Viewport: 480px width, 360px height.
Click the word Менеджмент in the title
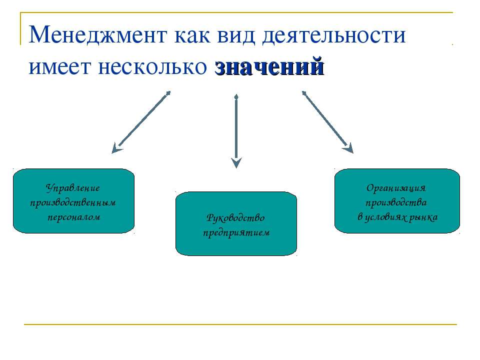pyautogui.click(x=98, y=34)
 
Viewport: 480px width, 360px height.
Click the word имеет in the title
pyautogui.click(x=60, y=67)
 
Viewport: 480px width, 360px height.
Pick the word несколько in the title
pyautogui.click(x=152, y=67)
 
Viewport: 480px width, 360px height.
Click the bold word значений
pyautogui.click(x=269, y=66)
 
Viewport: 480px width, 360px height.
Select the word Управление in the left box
pyautogui.click(x=73, y=188)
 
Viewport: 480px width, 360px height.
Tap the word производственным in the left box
pyautogui.click(x=73, y=203)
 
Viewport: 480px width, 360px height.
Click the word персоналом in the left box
pyautogui.click(x=74, y=217)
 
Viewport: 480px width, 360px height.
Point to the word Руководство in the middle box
pyautogui.click(x=235, y=218)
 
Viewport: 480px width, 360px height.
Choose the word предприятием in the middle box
pyautogui.click(x=236, y=232)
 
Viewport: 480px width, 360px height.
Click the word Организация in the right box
pyautogui.click(x=396, y=188)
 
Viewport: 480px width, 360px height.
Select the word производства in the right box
pyautogui.click(x=396, y=202)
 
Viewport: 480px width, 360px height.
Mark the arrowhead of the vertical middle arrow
pyautogui.click(x=236, y=162)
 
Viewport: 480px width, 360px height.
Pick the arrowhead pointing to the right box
pyautogui.click(x=349, y=148)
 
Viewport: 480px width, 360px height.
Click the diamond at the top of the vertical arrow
pyautogui.click(x=236, y=97)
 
